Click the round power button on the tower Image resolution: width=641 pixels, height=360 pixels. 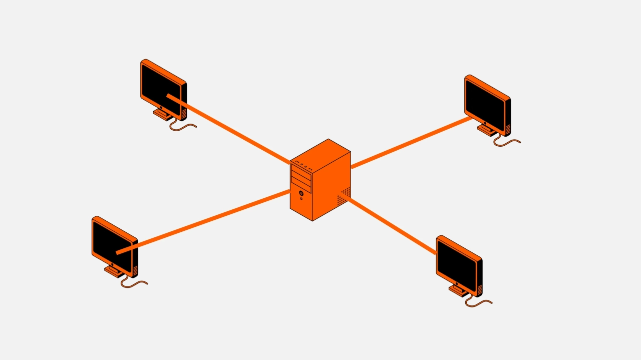[x=301, y=193]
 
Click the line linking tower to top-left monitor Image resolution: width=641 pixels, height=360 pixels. [x=230, y=131]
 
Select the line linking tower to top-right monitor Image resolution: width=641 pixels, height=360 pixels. [x=411, y=143]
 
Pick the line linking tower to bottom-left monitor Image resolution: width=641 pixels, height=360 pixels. [x=205, y=220]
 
